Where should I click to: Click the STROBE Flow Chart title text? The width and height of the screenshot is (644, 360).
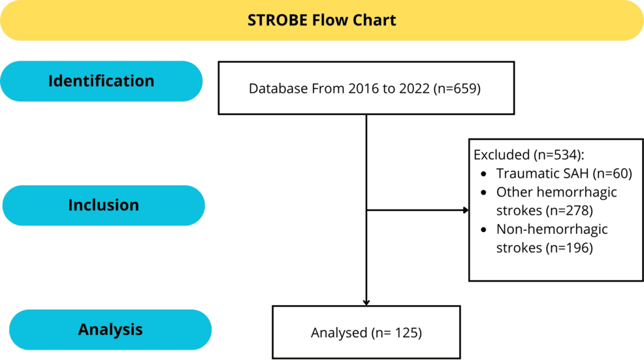tap(321, 20)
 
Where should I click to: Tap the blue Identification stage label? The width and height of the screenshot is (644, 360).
tap(101, 81)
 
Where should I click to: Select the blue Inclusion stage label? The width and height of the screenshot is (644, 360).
tap(103, 205)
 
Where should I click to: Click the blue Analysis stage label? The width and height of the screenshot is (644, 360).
tap(110, 329)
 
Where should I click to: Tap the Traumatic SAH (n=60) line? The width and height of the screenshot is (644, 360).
tap(564, 174)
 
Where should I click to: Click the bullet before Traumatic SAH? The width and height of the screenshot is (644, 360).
tap(483, 174)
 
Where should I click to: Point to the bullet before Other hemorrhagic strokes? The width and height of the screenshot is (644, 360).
tap(483, 193)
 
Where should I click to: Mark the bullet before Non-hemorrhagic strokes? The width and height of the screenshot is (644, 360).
tap(483, 230)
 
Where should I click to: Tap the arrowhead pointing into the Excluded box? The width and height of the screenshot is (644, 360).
tap(466, 210)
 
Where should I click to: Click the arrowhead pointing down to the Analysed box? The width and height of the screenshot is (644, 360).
tap(366, 302)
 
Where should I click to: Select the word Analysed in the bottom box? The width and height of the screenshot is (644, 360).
tap(339, 333)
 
